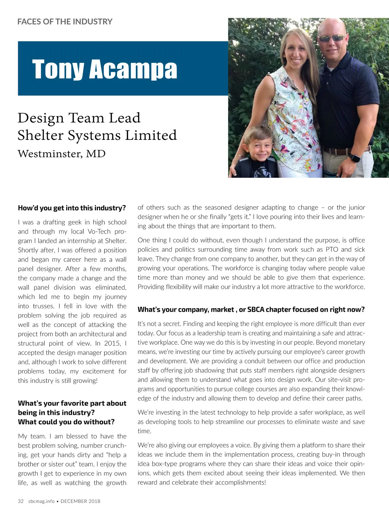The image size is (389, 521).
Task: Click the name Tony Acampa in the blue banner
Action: (x=104, y=69)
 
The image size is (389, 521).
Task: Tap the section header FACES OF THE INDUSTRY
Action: (x=65, y=22)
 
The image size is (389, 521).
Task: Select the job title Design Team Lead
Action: (x=79, y=118)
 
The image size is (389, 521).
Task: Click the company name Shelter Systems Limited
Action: (x=97, y=135)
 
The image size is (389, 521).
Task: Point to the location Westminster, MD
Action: (x=62, y=153)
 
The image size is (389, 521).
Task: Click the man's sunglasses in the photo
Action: (x=332, y=38)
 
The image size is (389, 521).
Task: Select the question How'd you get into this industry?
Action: (x=72, y=208)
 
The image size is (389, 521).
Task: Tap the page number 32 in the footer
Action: (x=21, y=501)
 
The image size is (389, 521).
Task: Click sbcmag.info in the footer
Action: (x=41, y=501)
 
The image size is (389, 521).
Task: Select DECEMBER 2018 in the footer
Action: (x=80, y=501)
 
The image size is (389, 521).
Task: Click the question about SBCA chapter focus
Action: (x=251, y=309)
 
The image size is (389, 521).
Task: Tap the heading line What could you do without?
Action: (x=66, y=422)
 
